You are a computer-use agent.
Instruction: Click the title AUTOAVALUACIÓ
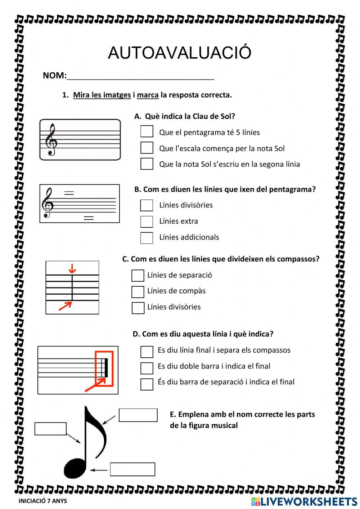[x=179, y=53]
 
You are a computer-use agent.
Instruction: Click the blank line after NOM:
[x=140, y=76]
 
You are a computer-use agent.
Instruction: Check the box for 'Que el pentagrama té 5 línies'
[x=147, y=131]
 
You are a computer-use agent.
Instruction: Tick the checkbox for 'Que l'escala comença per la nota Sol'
[x=147, y=148]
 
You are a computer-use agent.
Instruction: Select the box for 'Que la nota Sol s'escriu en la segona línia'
[x=147, y=164]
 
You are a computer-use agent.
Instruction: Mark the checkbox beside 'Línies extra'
[x=147, y=222]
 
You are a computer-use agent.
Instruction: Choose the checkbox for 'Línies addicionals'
[x=147, y=238]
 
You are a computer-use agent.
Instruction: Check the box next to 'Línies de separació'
[x=138, y=276]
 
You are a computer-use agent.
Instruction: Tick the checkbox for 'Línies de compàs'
[x=138, y=292]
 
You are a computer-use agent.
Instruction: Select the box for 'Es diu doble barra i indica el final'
[x=147, y=368]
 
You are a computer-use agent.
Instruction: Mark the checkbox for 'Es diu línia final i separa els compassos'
[x=147, y=352]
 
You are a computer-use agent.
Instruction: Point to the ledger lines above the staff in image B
[x=69, y=193]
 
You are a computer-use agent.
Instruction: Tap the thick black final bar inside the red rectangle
[x=106, y=368]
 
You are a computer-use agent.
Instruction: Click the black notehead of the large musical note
[x=75, y=468]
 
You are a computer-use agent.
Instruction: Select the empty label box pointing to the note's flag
[x=138, y=415]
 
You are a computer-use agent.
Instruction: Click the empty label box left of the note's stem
[x=50, y=429]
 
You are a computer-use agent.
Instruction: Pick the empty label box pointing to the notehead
[x=132, y=469]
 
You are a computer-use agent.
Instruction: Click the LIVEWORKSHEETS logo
[x=304, y=501]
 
